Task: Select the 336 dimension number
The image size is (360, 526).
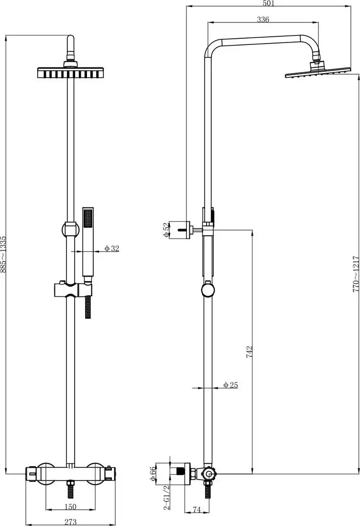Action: coord(263,20)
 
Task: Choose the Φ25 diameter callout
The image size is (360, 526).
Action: coord(230,385)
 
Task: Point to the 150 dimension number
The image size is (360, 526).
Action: coord(70,507)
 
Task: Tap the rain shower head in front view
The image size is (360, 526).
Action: coord(71,72)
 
